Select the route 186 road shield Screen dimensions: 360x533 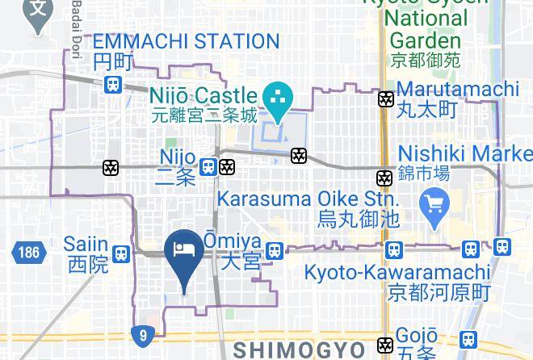[27, 252]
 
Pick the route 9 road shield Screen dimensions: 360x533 [143, 334]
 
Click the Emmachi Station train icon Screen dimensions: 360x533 [113, 83]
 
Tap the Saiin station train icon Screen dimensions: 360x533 [121, 253]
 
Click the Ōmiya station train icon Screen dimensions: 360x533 [275, 251]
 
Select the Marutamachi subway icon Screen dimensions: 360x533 [386, 99]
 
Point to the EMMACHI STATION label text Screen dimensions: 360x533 [186, 41]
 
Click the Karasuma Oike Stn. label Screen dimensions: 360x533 [308, 199]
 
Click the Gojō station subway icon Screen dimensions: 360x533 [387, 345]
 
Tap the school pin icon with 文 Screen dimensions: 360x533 [37, 11]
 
